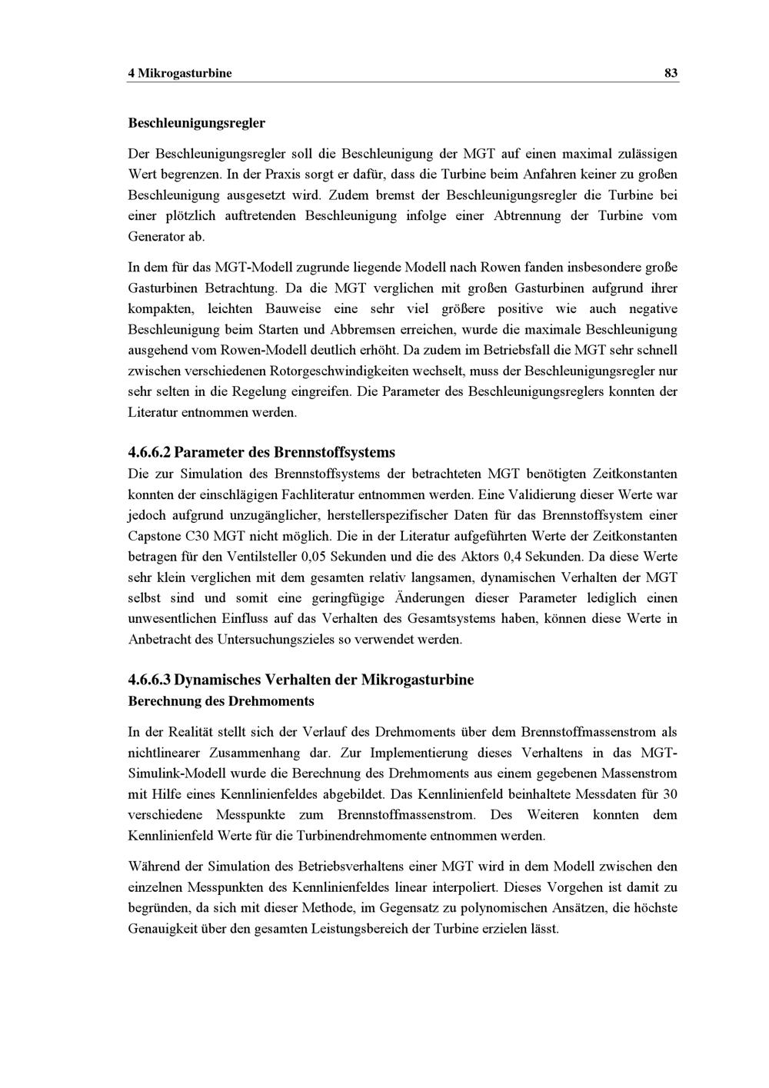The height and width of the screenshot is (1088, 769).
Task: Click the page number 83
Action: [671, 74]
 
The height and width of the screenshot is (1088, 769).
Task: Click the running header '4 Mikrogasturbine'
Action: [179, 74]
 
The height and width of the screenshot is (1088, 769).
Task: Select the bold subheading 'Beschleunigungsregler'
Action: [196, 123]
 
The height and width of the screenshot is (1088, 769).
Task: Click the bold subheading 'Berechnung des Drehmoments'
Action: [221, 701]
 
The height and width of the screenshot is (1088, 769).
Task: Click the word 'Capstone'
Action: [153, 535]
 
